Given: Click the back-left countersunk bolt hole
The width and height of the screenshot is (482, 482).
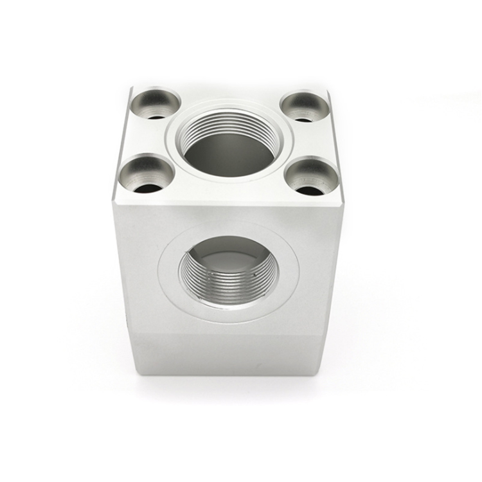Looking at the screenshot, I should [x=155, y=105].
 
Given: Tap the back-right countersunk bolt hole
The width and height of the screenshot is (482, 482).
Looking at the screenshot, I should [x=305, y=107].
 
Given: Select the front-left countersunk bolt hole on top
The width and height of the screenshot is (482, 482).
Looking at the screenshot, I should [x=147, y=175].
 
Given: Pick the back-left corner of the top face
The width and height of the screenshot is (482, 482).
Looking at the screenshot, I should [x=132, y=88].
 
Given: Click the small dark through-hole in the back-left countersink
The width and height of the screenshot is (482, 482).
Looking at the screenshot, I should [x=156, y=117].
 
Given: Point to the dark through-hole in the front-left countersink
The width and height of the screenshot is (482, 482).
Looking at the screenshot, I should [x=148, y=188].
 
